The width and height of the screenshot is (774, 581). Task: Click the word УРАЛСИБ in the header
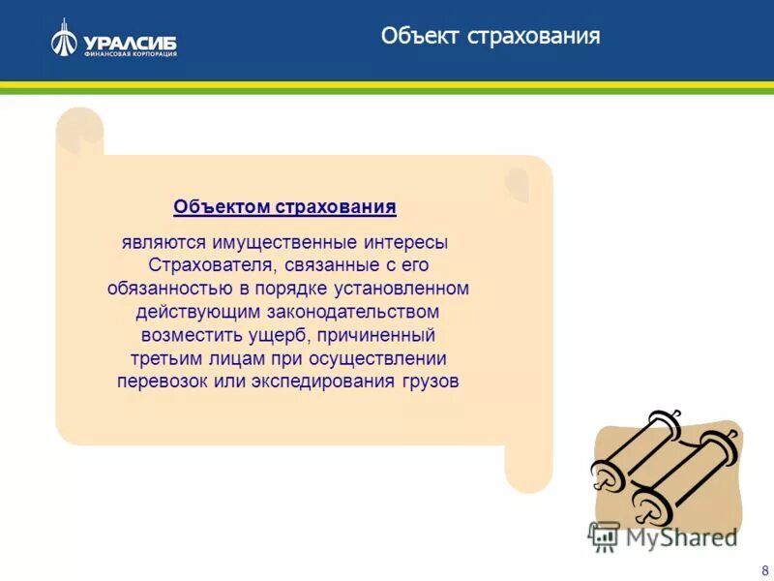tap(130, 42)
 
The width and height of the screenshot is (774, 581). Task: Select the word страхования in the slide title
tap(535, 37)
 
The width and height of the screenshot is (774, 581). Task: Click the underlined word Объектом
tap(223, 207)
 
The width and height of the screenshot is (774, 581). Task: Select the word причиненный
tap(378, 335)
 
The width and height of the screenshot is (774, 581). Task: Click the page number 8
tap(764, 569)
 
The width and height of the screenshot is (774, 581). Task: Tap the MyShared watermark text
tap(678, 535)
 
